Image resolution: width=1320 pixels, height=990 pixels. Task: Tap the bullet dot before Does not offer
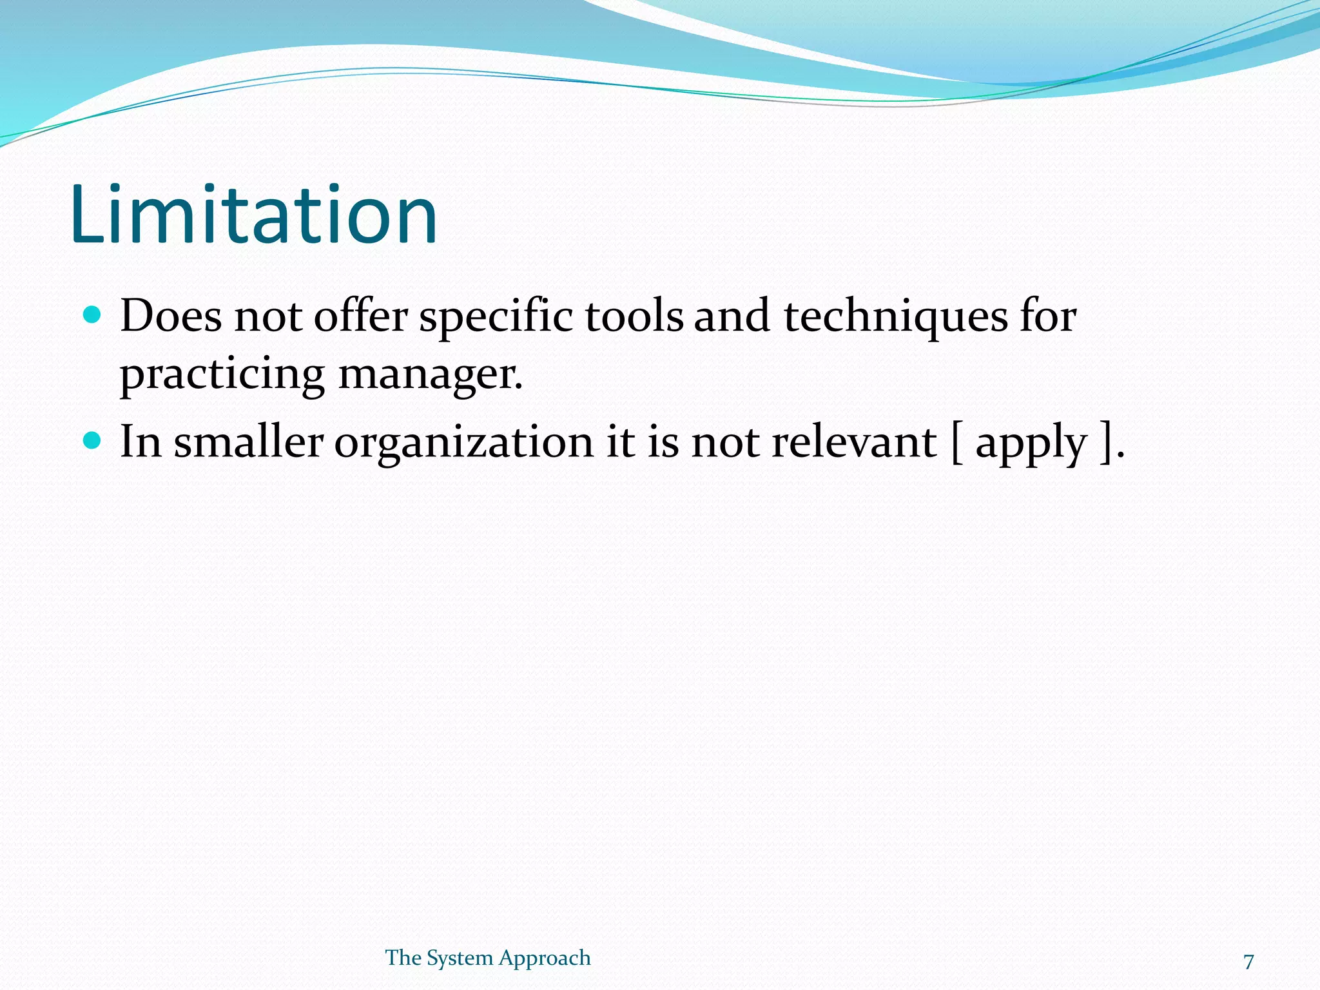tap(93, 315)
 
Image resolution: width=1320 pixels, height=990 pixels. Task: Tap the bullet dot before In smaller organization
tap(93, 441)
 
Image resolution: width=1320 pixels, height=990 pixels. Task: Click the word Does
tap(171, 316)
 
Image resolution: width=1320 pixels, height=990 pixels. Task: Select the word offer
tap(361, 316)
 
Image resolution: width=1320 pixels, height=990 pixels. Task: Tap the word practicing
tap(222, 375)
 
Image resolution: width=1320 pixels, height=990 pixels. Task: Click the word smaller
tap(248, 442)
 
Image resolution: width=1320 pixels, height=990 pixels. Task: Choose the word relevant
tap(855, 442)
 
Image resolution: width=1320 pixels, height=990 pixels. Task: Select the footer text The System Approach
tap(488, 958)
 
